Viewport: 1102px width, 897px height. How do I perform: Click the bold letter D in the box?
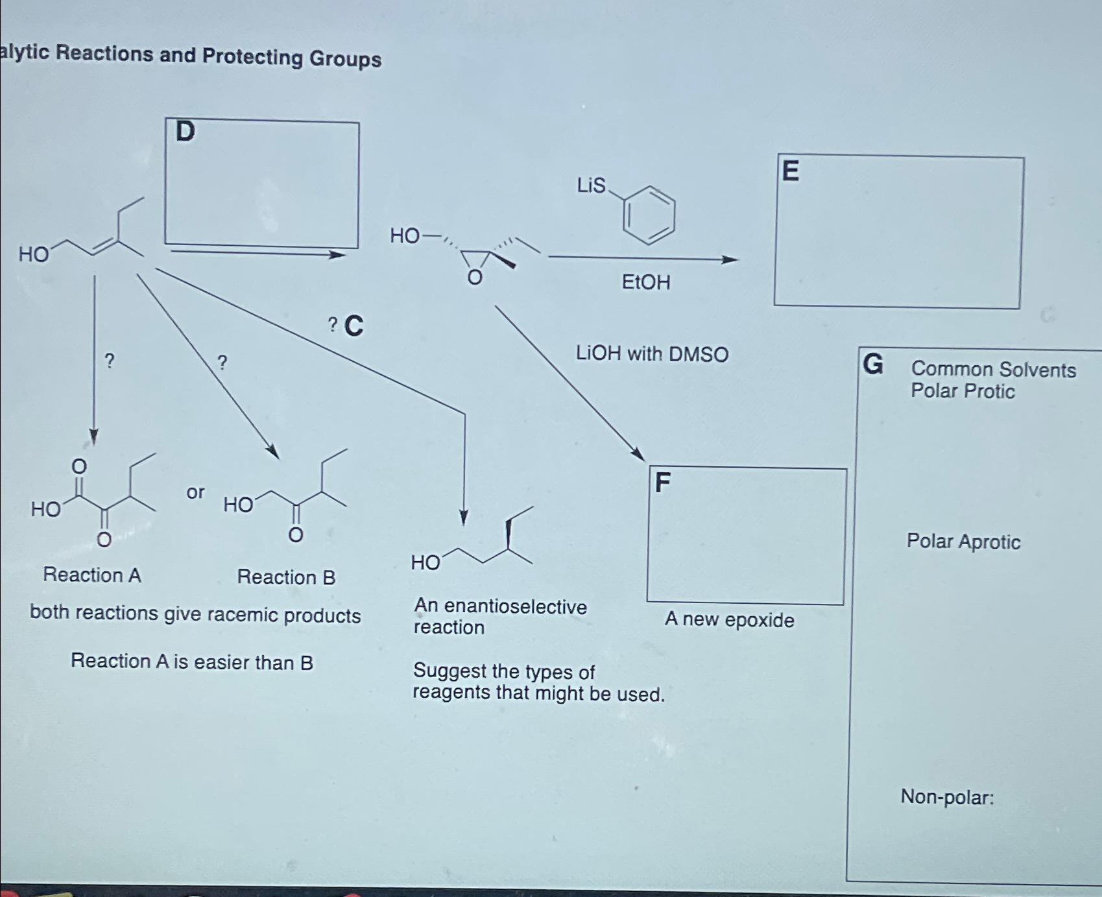click(x=185, y=132)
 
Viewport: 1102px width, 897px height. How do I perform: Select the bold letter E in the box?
click(x=790, y=171)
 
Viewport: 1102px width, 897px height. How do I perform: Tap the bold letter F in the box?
click(x=662, y=483)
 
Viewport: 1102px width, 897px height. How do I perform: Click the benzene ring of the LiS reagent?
click(x=649, y=215)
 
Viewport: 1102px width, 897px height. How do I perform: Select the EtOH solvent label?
click(x=645, y=282)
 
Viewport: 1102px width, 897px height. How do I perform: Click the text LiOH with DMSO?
click(x=652, y=354)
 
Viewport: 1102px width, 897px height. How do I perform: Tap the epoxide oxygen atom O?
click(x=475, y=278)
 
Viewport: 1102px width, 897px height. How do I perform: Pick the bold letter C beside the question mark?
click(x=353, y=326)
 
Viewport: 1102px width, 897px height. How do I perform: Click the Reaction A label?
click(x=92, y=575)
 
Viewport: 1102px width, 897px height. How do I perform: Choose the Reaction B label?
click(x=286, y=577)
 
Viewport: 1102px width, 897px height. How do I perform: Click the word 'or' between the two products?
click(x=195, y=492)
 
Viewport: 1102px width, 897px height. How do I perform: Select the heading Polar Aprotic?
click(x=963, y=542)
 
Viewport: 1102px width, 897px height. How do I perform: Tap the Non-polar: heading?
click(x=947, y=796)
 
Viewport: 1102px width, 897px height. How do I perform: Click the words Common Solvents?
click(x=993, y=370)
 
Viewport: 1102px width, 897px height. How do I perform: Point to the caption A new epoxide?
click(x=729, y=620)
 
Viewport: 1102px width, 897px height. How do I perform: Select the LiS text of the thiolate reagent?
click(x=591, y=186)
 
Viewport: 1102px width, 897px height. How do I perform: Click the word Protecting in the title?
click(x=252, y=56)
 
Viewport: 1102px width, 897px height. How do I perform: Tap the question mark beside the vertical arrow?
click(x=110, y=361)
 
